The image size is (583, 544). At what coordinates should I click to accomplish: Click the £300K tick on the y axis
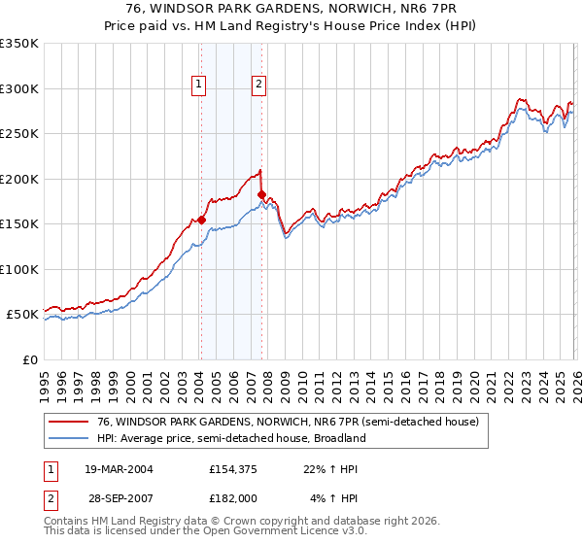click(x=19, y=88)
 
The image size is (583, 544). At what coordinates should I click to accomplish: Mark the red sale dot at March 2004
click(x=201, y=220)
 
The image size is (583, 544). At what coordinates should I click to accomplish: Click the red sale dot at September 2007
click(x=261, y=195)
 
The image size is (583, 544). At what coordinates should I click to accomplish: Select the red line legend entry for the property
click(x=274, y=423)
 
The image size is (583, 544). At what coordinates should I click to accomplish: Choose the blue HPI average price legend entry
click(x=230, y=438)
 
